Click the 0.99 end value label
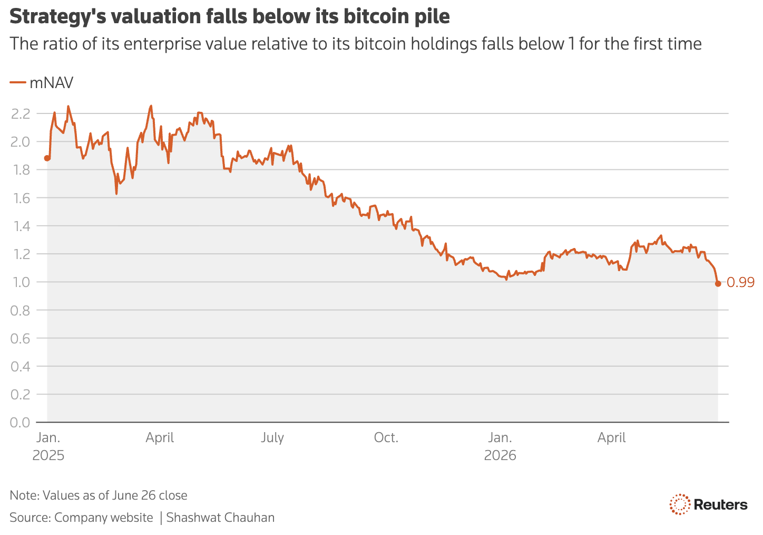pos(740,282)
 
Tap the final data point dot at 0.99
pos(718,284)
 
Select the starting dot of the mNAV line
pos(47,158)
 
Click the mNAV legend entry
pos(42,83)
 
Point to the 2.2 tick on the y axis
pos(21,114)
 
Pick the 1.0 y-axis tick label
pos(21,282)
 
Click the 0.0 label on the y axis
pos(20,423)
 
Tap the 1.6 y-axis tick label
pos(21,198)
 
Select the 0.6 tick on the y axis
pos(20,339)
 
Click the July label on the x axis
pos(272,437)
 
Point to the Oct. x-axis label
pos(386,437)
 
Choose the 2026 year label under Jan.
pos(500,455)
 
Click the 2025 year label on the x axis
pos(48,455)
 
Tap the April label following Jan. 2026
pos(611,438)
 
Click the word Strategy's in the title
pos(58,17)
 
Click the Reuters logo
pos(709,504)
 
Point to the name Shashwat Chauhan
pos(220,518)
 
